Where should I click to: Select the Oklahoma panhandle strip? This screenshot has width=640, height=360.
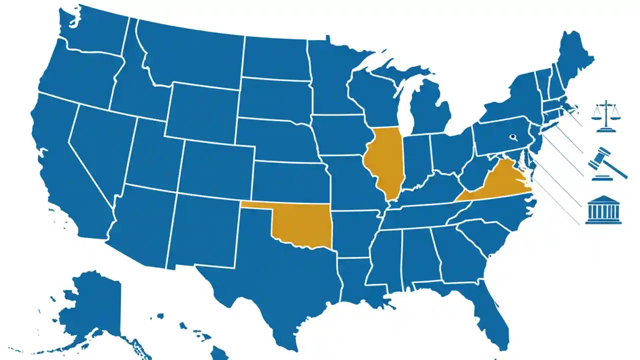click(257, 204)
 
